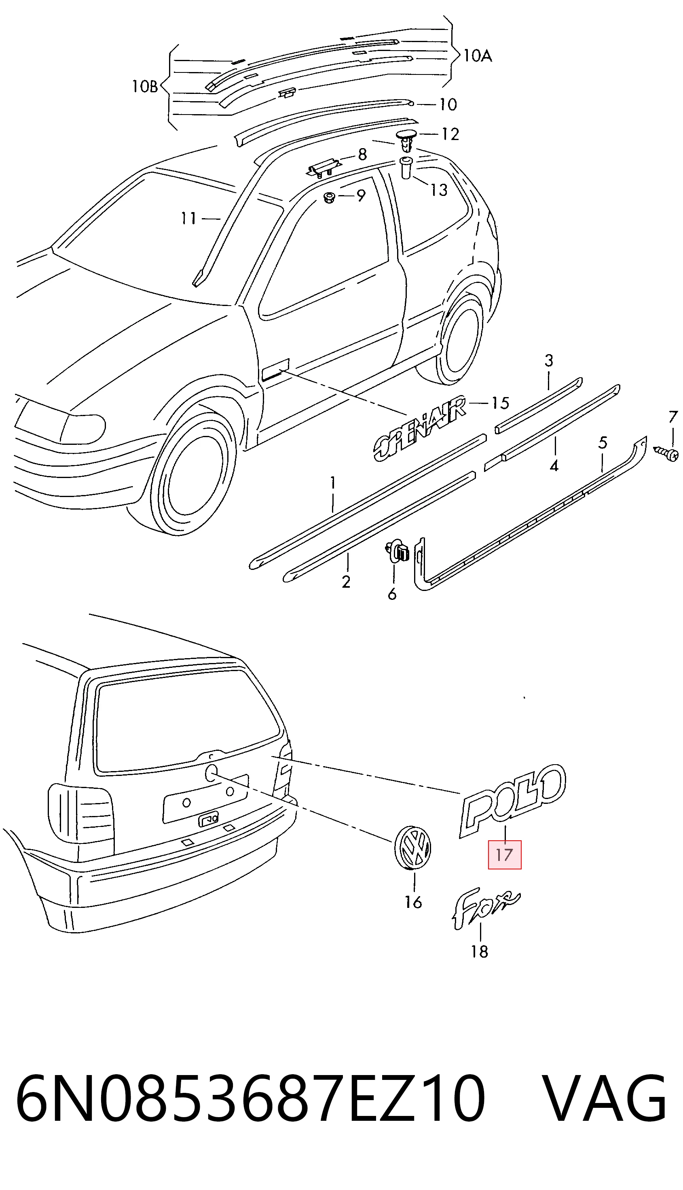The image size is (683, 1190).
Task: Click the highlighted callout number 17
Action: pyautogui.click(x=504, y=854)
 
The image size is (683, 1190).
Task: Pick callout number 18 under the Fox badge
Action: pyautogui.click(x=480, y=952)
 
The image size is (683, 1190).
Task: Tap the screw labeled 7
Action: pyautogui.click(x=665, y=453)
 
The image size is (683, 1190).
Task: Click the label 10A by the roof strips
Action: pyautogui.click(x=478, y=56)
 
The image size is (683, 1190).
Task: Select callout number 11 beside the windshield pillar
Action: pyautogui.click(x=189, y=218)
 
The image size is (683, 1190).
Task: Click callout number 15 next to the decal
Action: pyautogui.click(x=500, y=403)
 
